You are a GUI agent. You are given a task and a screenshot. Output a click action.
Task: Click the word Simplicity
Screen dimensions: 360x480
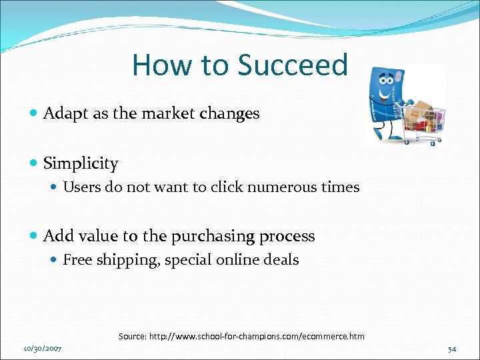(81, 163)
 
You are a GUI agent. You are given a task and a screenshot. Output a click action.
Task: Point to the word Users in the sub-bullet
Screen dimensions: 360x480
(80, 187)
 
